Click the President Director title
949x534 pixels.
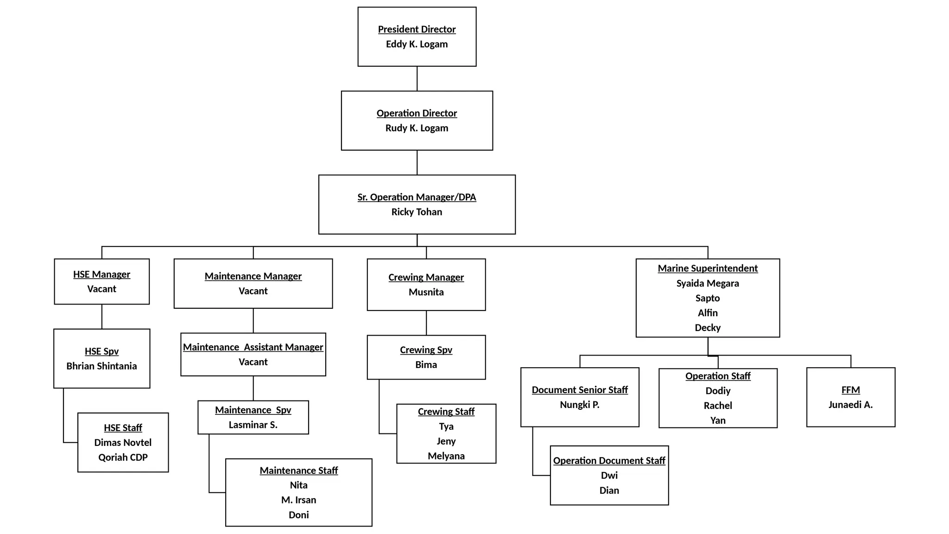pyautogui.click(x=417, y=29)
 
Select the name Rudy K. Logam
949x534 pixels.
pyautogui.click(x=417, y=128)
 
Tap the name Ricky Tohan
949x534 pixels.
pyautogui.click(x=417, y=212)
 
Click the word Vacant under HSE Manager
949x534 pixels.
pyautogui.click(x=101, y=289)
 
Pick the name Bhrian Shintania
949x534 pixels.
pyautogui.click(x=101, y=366)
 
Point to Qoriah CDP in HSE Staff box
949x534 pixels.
pyautogui.click(x=123, y=458)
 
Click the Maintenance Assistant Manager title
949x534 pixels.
pyautogui.click(x=253, y=347)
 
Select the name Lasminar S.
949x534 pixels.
pyautogui.click(x=253, y=425)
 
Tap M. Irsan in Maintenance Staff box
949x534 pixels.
pyautogui.click(x=298, y=500)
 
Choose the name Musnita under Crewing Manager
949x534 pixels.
pyautogui.click(x=426, y=292)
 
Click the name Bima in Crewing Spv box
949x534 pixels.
pyautogui.click(x=426, y=365)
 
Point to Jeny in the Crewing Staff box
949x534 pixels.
pyautogui.click(x=446, y=441)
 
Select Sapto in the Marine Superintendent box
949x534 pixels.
pyautogui.click(x=708, y=298)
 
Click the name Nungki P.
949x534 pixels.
pyautogui.click(x=579, y=405)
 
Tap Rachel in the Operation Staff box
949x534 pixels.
pyautogui.click(x=718, y=406)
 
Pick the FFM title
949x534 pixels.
pyautogui.click(x=850, y=390)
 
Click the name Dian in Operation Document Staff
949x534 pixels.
pyautogui.click(x=609, y=490)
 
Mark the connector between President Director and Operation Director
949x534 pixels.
pyautogui.click(x=417, y=79)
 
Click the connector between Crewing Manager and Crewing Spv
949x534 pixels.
pyautogui.click(x=426, y=323)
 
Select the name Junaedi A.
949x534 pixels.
pyautogui.click(x=850, y=405)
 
